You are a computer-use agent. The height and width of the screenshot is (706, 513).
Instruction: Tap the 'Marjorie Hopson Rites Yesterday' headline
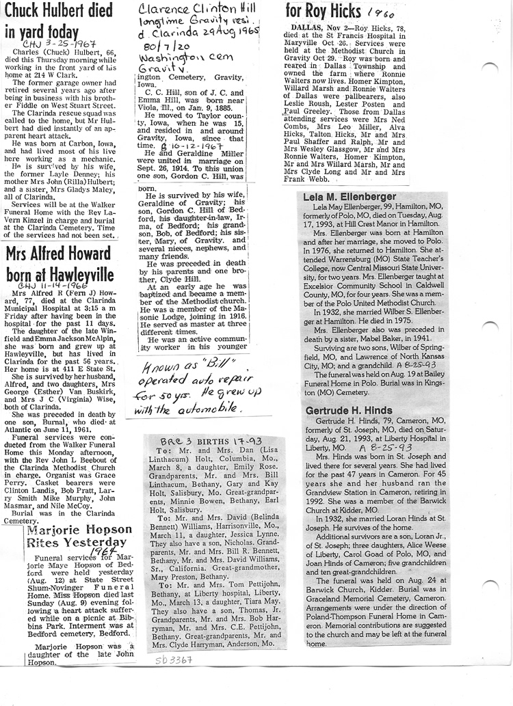pos(79,537)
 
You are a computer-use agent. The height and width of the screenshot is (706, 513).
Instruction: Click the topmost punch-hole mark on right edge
pos(490,67)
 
